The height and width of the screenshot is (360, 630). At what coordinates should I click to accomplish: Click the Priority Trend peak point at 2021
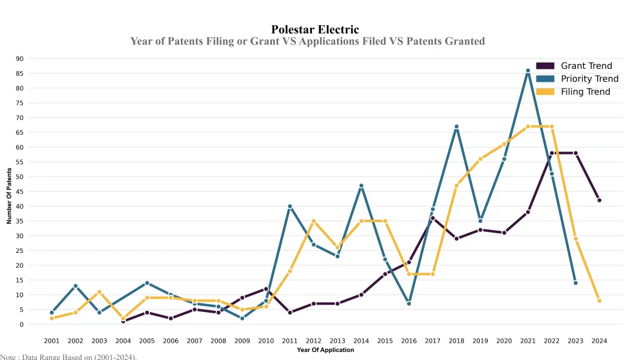pos(528,71)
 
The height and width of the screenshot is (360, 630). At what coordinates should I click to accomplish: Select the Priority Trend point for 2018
pos(457,127)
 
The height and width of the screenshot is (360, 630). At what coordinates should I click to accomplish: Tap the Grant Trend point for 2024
pos(599,200)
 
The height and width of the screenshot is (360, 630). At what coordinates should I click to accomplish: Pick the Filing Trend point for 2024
pos(599,301)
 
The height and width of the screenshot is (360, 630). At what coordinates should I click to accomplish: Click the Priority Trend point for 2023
pos(576,283)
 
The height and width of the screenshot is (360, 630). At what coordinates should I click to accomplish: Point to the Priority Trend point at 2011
pos(290,206)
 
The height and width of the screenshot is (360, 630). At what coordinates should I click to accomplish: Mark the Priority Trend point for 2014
pos(361,186)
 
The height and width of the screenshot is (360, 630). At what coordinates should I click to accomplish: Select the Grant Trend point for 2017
pos(433,218)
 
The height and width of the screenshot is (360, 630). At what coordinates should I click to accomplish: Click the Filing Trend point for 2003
pos(99,292)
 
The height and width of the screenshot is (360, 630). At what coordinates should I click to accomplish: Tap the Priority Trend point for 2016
pos(409,303)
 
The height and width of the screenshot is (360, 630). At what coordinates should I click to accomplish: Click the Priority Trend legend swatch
pos(545,79)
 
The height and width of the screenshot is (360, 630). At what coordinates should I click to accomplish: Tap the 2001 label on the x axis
pos(52,340)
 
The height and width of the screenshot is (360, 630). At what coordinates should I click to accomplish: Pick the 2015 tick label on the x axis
pos(385,340)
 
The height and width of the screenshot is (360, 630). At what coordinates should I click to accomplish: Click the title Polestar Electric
pos(315,30)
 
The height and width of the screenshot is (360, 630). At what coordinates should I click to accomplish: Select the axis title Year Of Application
pos(325,350)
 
